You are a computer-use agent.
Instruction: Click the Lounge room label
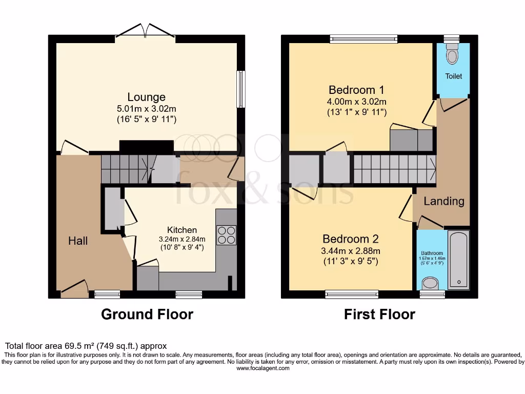pyautogui.click(x=146, y=97)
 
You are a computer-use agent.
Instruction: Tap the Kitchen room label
pyautogui.click(x=181, y=230)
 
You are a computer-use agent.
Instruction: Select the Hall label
pyautogui.click(x=78, y=240)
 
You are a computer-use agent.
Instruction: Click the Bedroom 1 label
pyautogui.click(x=357, y=89)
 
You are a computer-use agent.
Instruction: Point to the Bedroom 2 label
pyautogui.click(x=351, y=239)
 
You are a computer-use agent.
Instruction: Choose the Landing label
pyautogui.click(x=443, y=201)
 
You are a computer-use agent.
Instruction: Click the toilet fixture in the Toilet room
pyautogui.click(x=452, y=54)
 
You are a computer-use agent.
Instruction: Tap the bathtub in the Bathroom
pyautogui.click(x=458, y=261)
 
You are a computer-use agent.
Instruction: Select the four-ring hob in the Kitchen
pyautogui.click(x=226, y=235)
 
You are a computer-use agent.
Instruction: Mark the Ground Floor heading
pyautogui.click(x=147, y=314)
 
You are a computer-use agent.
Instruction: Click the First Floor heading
pyautogui.click(x=379, y=314)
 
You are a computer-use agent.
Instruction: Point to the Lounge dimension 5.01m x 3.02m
pyautogui.click(x=146, y=109)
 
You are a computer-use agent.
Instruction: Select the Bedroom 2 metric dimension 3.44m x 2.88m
pyautogui.click(x=351, y=251)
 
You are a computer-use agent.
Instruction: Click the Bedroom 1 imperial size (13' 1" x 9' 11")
pyautogui.click(x=357, y=112)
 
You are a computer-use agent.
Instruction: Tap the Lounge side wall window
pyautogui.click(x=239, y=89)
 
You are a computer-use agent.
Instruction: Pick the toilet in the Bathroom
pyautogui.click(x=430, y=284)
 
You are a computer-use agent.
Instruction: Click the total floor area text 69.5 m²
pyautogui.click(x=86, y=346)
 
